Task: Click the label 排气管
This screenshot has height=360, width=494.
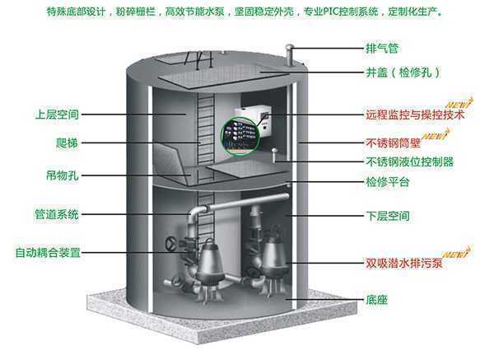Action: tap(378, 48)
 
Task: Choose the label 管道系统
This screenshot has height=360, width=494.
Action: tap(56, 215)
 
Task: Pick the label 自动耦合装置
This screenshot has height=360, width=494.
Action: tap(49, 251)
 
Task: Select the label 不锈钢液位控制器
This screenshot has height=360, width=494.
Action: tap(409, 161)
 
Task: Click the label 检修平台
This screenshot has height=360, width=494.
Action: tap(389, 180)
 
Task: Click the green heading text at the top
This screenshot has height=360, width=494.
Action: tap(247, 13)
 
